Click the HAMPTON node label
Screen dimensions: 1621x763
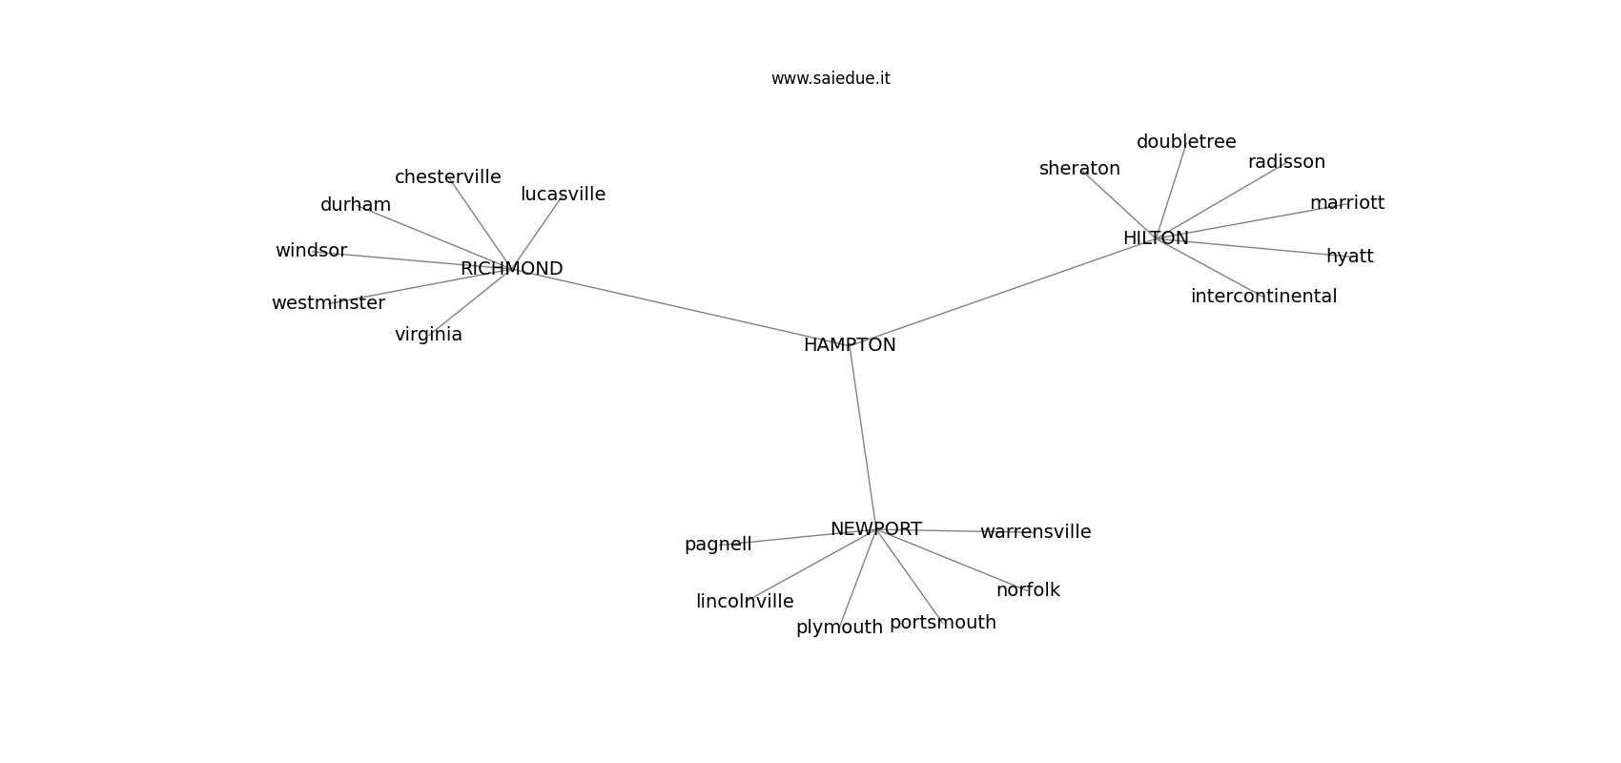point(850,345)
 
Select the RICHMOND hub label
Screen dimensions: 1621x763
point(512,269)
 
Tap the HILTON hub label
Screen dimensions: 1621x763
point(1156,238)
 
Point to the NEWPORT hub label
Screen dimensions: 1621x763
point(875,529)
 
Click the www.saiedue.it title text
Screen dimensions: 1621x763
point(831,78)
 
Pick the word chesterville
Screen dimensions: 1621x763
point(448,176)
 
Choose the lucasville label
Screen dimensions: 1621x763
point(563,194)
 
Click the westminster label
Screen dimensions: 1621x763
point(329,303)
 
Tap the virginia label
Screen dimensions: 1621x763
point(428,335)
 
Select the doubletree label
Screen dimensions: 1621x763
point(1186,142)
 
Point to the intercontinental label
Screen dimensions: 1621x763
point(1263,296)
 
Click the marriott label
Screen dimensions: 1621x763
point(1346,203)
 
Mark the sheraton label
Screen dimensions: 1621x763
point(1079,169)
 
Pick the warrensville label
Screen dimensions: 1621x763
point(1036,532)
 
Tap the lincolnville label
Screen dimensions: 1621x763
point(745,602)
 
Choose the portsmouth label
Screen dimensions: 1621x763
point(942,623)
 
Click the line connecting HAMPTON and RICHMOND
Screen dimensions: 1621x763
point(680,307)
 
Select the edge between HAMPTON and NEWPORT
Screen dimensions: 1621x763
point(863,437)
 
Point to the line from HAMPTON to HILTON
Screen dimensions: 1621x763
point(1003,292)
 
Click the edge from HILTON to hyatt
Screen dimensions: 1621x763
point(1253,247)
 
